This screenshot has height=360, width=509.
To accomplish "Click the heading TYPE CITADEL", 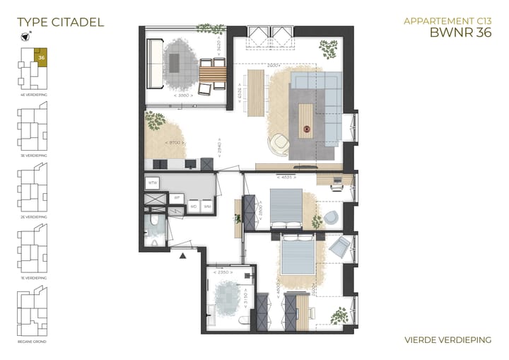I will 60,22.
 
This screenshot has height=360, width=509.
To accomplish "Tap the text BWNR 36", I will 460,32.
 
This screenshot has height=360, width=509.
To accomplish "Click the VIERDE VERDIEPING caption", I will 447,340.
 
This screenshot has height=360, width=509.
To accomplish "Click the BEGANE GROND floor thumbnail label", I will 33,342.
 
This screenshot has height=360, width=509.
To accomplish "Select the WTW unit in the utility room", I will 152,182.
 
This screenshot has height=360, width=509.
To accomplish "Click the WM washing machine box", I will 207,207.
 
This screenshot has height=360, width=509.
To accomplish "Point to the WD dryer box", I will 193,207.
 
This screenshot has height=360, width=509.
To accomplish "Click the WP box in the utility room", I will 177,198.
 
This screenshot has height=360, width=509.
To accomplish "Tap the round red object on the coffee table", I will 307,129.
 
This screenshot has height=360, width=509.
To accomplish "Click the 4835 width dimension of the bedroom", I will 288,178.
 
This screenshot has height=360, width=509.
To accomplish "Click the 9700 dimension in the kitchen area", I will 173,144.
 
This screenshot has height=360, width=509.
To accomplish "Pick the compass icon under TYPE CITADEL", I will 25,38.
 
